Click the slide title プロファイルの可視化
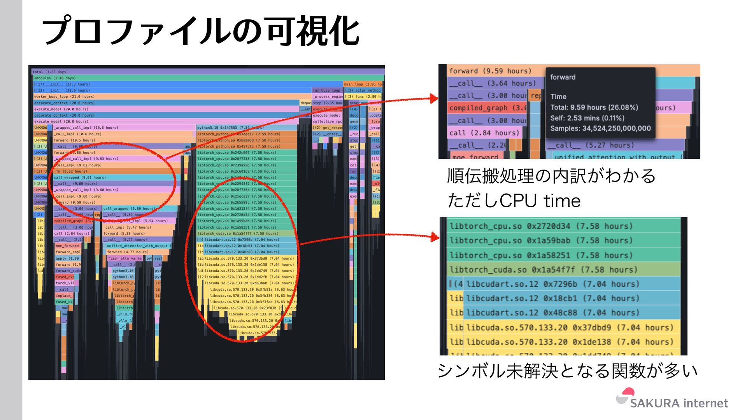point(200,31)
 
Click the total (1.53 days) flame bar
point(208,72)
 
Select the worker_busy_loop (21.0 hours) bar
point(171,96)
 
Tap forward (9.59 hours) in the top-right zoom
point(490,71)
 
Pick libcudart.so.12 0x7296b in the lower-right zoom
point(552,284)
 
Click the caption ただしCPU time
point(514,201)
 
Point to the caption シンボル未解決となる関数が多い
point(567,370)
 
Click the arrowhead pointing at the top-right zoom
point(434,98)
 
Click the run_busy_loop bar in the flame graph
point(326,90)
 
